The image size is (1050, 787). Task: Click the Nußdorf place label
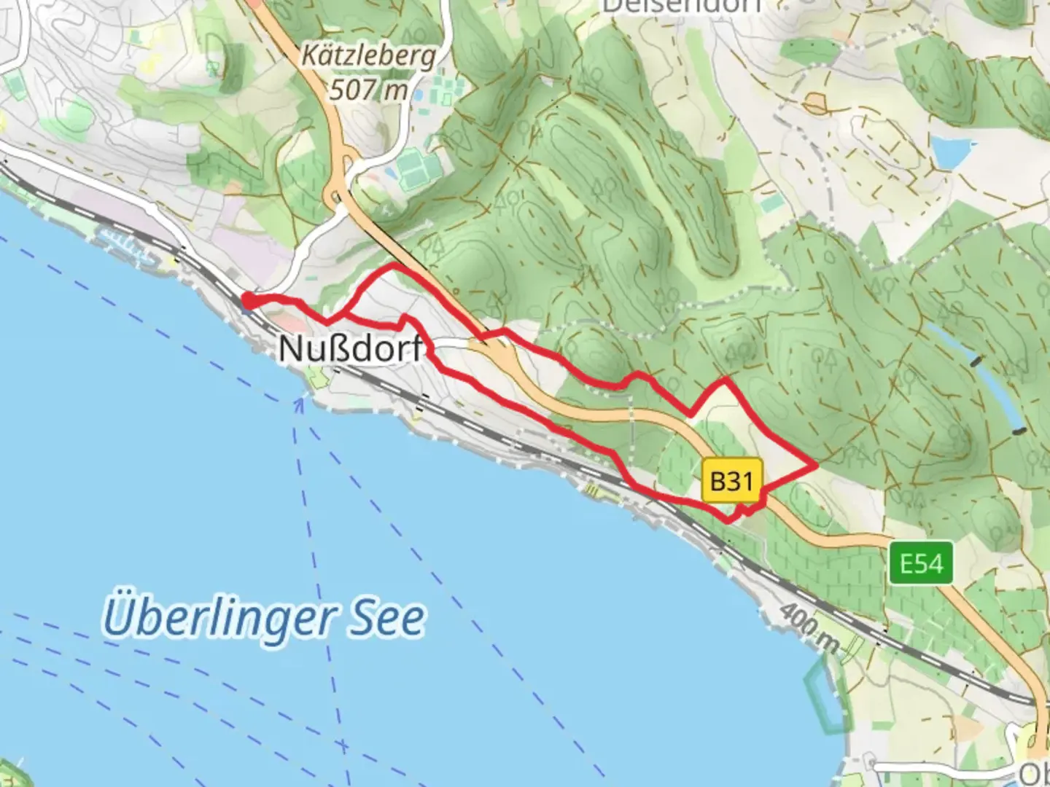click(350, 348)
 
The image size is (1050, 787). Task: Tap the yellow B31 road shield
click(731, 480)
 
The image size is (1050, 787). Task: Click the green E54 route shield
click(921, 563)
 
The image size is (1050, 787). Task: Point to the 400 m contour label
click(809, 627)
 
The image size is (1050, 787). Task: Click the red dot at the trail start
click(249, 299)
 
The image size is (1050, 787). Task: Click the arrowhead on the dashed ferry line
click(299, 401)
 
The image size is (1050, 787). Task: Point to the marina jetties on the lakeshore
click(128, 244)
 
